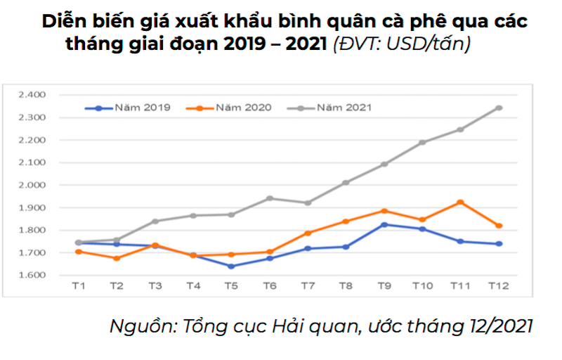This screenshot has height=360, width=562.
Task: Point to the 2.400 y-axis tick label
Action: coord(32,94)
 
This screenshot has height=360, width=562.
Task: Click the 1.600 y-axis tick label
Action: coord(32,275)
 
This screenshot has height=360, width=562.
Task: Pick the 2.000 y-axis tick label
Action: coord(32,185)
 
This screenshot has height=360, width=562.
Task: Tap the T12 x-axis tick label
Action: coord(499,285)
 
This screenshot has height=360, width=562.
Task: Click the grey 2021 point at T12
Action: coord(499,108)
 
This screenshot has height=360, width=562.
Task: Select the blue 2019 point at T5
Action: coord(231,266)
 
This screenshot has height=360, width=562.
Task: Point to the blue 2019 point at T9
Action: coord(384,224)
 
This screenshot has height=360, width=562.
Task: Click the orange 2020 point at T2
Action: coord(117,258)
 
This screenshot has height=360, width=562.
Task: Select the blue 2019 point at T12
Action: coord(499,244)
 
